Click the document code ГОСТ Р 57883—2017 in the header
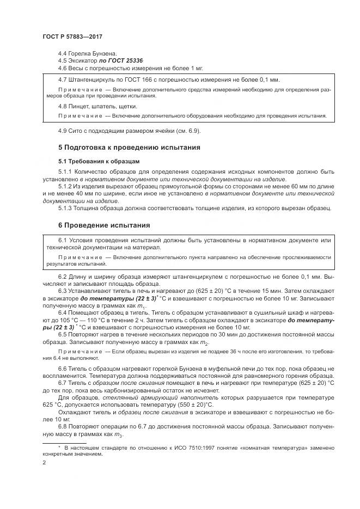click(72, 36)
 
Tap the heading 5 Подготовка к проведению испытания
click(130, 147)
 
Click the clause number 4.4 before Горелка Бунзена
click(62, 54)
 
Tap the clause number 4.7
click(62, 81)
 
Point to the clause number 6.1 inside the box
click(62, 241)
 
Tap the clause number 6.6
click(62, 370)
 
